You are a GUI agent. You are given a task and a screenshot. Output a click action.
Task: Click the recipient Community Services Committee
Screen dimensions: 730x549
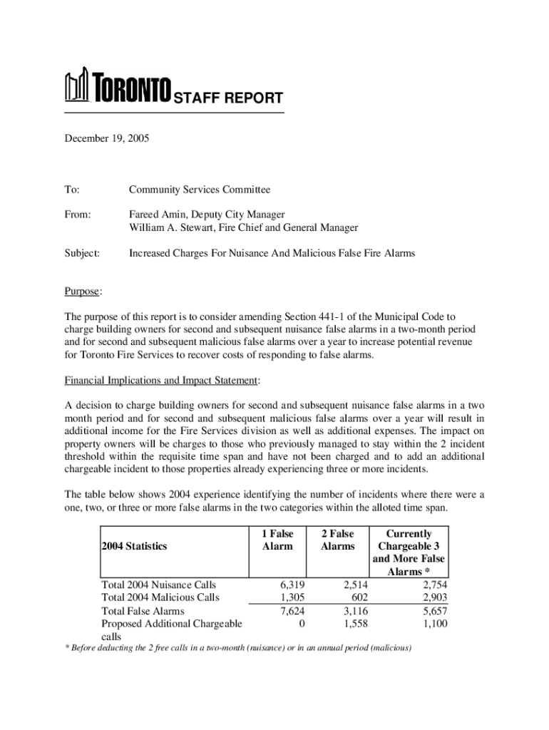click(x=200, y=190)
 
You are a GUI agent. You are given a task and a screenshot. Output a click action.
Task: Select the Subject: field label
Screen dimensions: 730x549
click(x=82, y=253)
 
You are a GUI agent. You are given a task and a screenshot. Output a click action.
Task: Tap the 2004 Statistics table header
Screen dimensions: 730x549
click(x=134, y=546)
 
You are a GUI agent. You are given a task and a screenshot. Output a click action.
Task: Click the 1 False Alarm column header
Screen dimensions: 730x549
click(x=277, y=540)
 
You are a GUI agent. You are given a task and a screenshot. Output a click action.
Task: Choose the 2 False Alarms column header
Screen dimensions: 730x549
click(x=337, y=540)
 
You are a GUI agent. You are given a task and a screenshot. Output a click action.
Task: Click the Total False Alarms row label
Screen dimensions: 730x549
click(x=143, y=611)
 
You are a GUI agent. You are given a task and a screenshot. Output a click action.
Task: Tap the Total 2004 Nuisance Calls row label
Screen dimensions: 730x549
click(x=159, y=585)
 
